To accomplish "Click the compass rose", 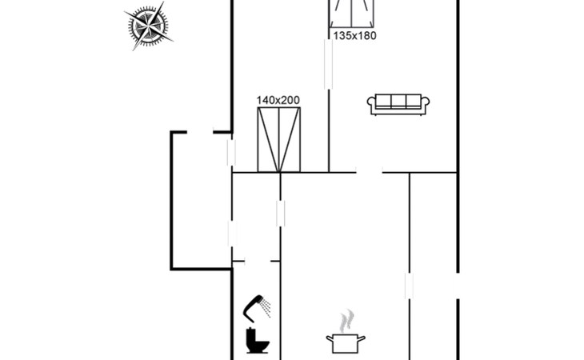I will point(150,26).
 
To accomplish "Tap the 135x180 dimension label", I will point(354,35).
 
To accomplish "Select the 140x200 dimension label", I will point(278,100).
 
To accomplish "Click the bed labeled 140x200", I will point(279,140).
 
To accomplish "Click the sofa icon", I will point(398,103).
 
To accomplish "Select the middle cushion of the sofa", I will point(398,101).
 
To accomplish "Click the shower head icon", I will point(256,304).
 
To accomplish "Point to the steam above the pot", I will point(345,322).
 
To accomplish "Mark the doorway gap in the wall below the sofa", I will point(369,171).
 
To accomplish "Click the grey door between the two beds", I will point(328,64).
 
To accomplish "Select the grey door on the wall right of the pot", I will point(409,286).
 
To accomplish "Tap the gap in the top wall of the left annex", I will point(200,132).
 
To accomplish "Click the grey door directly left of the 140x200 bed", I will point(231,152).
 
